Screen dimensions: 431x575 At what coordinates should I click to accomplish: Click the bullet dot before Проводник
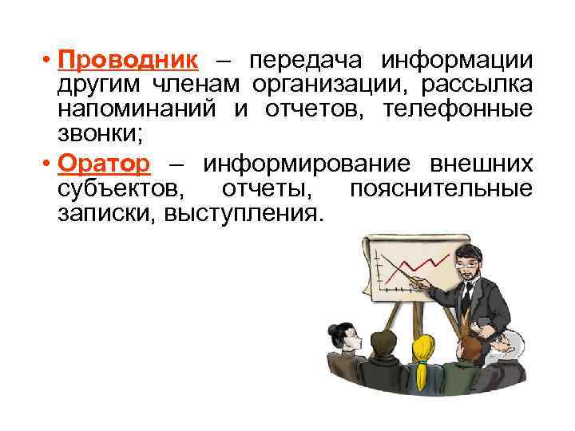(x=49, y=61)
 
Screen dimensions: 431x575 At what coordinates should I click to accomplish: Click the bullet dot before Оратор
(x=49, y=164)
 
